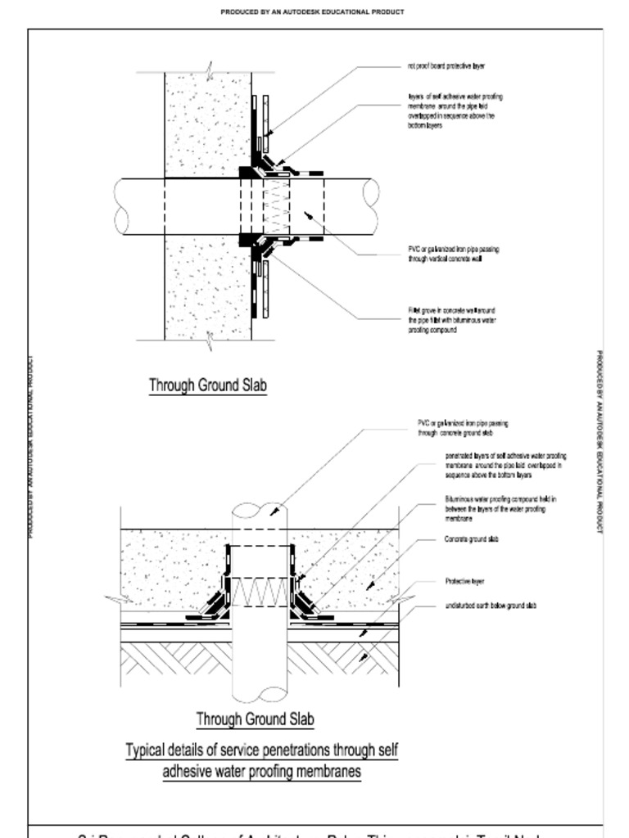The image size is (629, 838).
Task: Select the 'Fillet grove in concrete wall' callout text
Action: point(451,321)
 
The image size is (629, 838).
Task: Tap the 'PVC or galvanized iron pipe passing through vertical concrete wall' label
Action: point(453,253)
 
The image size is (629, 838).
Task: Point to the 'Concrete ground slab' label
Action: point(471,539)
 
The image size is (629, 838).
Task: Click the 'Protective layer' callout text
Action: point(464,581)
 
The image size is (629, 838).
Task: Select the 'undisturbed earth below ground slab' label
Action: point(491,606)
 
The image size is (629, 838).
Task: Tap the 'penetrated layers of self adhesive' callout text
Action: point(505,465)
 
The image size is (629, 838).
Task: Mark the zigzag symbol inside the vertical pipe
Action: point(261,592)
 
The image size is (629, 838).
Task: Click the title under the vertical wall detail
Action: point(208,385)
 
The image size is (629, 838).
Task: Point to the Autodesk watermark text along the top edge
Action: point(312,12)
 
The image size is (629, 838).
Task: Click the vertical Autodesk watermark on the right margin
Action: point(600,442)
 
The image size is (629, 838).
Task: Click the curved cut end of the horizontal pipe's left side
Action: point(123,208)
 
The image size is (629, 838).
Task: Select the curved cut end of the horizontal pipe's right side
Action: point(371,208)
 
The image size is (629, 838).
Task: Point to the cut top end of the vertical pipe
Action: point(260,510)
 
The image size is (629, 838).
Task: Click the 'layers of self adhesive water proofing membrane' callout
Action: point(455,111)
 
